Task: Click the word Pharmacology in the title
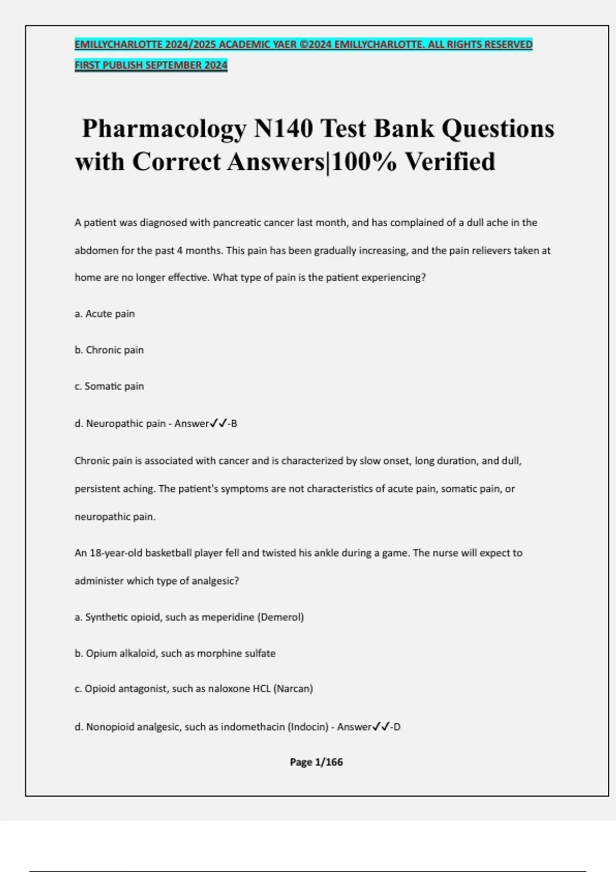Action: pyautogui.click(x=164, y=129)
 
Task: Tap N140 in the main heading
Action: pyautogui.click(x=283, y=128)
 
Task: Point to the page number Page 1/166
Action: pyautogui.click(x=316, y=762)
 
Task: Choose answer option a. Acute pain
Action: pyautogui.click(x=105, y=314)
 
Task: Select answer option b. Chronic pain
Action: pyautogui.click(x=109, y=350)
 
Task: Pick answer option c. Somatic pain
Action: pyautogui.click(x=109, y=386)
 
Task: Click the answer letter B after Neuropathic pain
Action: pyautogui.click(x=234, y=424)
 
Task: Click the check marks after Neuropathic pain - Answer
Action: pyautogui.click(x=219, y=424)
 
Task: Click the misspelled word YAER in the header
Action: pyautogui.click(x=284, y=45)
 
